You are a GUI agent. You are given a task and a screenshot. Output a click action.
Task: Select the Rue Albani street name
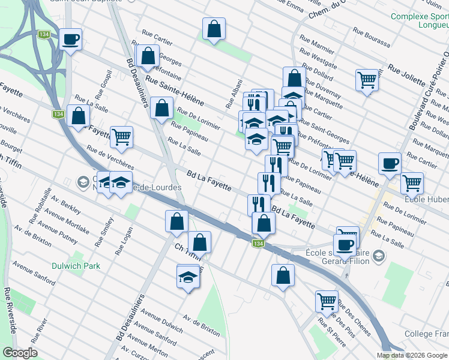(233, 94)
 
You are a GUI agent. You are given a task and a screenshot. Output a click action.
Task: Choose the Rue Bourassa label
(371, 37)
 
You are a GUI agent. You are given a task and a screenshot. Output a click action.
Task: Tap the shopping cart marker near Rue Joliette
(367, 79)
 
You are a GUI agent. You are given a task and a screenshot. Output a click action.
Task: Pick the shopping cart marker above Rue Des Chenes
(327, 300)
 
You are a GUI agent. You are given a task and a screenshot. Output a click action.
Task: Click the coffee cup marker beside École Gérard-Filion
(345, 244)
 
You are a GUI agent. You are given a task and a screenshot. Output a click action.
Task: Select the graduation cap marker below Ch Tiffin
(188, 277)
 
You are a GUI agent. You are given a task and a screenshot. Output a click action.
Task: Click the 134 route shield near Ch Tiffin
(258, 244)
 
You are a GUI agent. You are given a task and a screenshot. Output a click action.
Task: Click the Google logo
(20, 353)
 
